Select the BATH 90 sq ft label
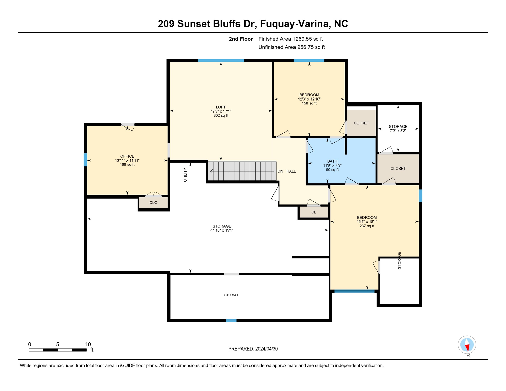coord(332,165)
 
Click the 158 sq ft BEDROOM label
coord(309,99)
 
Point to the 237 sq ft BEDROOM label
coord(367,221)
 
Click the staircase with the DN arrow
coord(242,171)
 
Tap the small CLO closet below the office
coord(153,203)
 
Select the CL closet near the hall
coord(314,212)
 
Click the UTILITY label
coord(185,175)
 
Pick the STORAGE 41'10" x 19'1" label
coord(222,228)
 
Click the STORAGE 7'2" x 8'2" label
coord(398,129)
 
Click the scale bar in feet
coord(58,350)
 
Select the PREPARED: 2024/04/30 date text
coord(253,349)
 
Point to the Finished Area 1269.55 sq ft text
coord(290,39)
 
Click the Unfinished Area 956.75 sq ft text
coord(291,47)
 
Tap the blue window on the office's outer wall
coord(86,160)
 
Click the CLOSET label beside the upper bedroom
coord(361,123)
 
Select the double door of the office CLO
coord(153,194)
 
